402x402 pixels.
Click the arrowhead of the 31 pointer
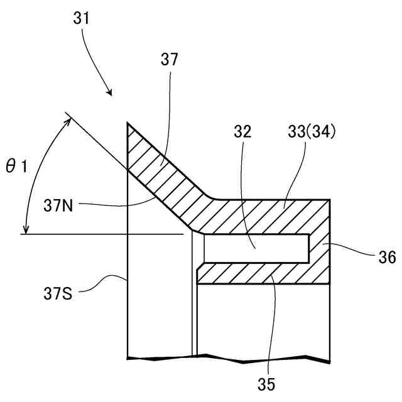coord(111,95)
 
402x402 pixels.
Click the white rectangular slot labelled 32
coord(254,248)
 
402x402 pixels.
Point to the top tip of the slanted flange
coord(128,123)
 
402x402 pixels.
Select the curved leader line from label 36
coord(356,250)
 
